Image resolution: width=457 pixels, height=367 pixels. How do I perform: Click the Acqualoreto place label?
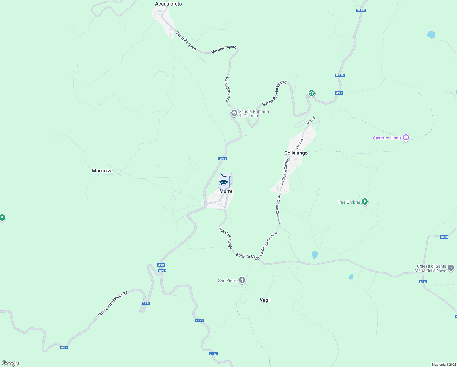coord(168,4)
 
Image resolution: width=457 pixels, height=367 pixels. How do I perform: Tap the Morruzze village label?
coord(102,171)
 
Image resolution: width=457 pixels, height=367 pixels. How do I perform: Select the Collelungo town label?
coord(296,153)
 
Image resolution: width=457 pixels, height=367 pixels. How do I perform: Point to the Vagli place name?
coord(265,300)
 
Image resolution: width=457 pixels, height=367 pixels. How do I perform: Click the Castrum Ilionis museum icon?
coord(406,138)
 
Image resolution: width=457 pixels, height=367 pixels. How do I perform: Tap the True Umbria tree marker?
coord(364,202)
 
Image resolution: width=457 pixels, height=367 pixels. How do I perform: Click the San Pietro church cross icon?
coord(242,280)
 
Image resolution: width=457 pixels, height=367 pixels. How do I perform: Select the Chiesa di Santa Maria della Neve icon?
coord(451,268)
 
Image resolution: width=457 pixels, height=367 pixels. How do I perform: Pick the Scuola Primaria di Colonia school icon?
coord(234,113)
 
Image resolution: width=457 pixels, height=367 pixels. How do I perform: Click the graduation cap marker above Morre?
coord(224,183)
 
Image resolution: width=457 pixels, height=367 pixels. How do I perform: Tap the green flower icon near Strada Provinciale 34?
coord(311,93)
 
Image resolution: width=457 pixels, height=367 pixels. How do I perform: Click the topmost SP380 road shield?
coord(361,10)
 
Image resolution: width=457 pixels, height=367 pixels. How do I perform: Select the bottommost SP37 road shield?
coord(213,354)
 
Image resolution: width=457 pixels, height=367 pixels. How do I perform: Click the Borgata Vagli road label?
coord(248,257)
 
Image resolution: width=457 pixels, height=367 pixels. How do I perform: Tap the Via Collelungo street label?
coord(226,238)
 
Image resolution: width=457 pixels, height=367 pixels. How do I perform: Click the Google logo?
coord(10,363)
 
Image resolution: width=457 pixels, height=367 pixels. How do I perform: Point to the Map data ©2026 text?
coord(443,365)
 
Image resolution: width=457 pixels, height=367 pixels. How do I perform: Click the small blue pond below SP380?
coord(431,34)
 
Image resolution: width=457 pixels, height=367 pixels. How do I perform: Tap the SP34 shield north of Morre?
coord(223,159)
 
